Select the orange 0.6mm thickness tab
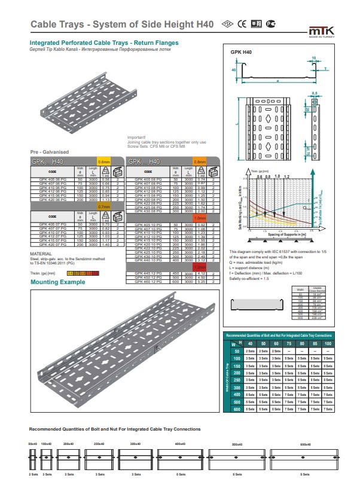(x=104, y=161)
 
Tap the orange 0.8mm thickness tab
(x=199, y=161)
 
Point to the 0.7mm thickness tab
(x=104, y=206)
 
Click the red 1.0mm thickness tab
(x=199, y=219)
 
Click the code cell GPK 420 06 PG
(x=50, y=200)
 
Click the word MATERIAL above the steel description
(x=41, y=253)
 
